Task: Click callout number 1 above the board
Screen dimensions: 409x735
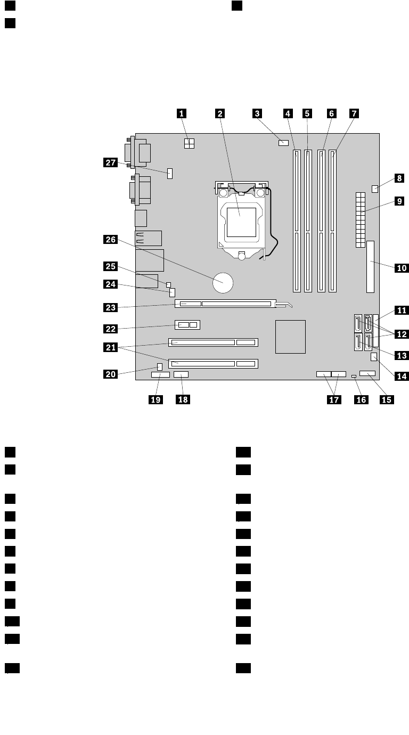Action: (x=182, y=113)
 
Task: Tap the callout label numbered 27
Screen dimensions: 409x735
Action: (x=110, y=164)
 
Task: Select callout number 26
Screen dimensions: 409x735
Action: (x=110, y=240)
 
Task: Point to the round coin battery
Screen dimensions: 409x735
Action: (x=223, y=282)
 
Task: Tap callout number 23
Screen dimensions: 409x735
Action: (x=110, y=307)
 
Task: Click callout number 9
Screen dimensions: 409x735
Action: (x=398, y=202)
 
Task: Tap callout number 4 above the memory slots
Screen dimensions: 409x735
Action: (x=288, y=113)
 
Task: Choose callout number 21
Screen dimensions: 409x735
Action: (x=110, y=347)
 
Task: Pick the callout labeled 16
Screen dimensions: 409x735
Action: (x=361, y=399)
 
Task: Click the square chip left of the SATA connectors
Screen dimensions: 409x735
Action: (x=291, y=336)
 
